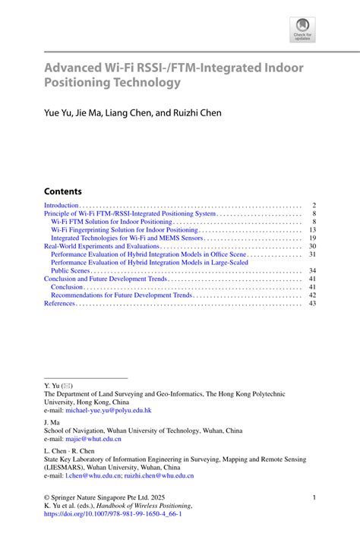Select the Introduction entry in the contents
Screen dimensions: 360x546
(62, 206)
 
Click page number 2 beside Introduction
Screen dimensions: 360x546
(313, 206)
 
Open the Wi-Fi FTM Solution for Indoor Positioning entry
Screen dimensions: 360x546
(112, 222)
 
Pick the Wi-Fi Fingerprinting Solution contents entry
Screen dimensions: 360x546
(124, 230)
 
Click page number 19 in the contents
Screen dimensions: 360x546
(312, 238)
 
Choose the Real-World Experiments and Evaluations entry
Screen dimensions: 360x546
(101, 246)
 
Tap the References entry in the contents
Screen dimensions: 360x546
(60, 304)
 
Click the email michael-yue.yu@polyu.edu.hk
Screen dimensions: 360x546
(109, 410)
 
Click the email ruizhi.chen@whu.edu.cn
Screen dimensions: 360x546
(164, 476)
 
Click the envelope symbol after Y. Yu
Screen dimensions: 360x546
(68, 386)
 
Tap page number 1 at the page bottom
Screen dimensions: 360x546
(314, 497)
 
